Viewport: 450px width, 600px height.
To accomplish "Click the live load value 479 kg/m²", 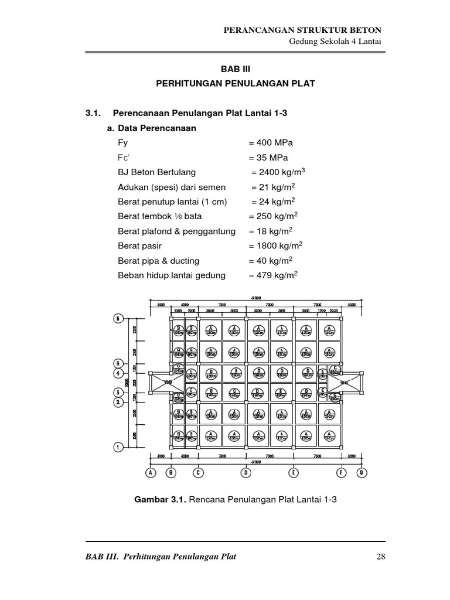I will (x=273, y=275).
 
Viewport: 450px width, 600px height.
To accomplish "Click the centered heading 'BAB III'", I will (x=235, y=69).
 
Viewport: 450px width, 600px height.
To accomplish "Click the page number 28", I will (x=380, y=556).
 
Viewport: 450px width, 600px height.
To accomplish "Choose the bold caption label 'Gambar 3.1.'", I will (x=161, y=499).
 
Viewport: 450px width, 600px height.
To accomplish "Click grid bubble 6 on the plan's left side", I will (x=118, y=319).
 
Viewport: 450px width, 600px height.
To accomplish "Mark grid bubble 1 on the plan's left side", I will (x=118, y=447).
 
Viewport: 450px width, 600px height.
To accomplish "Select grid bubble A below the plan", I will (x=151, y=472).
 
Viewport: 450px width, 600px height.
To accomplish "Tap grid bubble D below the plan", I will (x=246, y=472).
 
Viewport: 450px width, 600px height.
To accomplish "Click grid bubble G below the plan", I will (x=362, y=472).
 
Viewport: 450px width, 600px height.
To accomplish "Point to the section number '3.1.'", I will (x=94, y=113).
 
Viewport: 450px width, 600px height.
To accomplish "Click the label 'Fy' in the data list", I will (x=122, y=143).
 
